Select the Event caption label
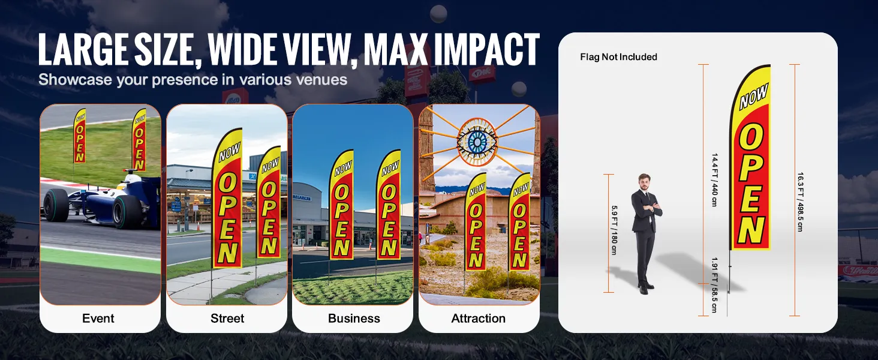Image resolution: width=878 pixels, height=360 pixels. click(x=98, y=318)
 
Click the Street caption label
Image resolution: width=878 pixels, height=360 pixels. click(x=227, y=318)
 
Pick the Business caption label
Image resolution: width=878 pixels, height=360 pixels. click(x=354, y=318)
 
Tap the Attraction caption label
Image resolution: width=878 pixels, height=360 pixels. click(x=478, y=318)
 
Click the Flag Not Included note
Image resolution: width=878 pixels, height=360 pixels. click(x=618, y=57)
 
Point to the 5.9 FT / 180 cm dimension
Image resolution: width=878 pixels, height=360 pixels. click(x=614, y=230)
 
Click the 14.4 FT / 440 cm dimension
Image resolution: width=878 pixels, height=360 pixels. click(x=714, y=180)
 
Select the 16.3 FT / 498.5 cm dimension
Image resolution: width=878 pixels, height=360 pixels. click(x=800, y=202)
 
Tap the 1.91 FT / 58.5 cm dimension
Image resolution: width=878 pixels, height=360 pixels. click(x=714, y=285)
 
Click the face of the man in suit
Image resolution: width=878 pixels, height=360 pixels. click(x=644, y=183)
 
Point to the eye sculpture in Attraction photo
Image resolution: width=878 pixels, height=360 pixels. click(x=477, y=142)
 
